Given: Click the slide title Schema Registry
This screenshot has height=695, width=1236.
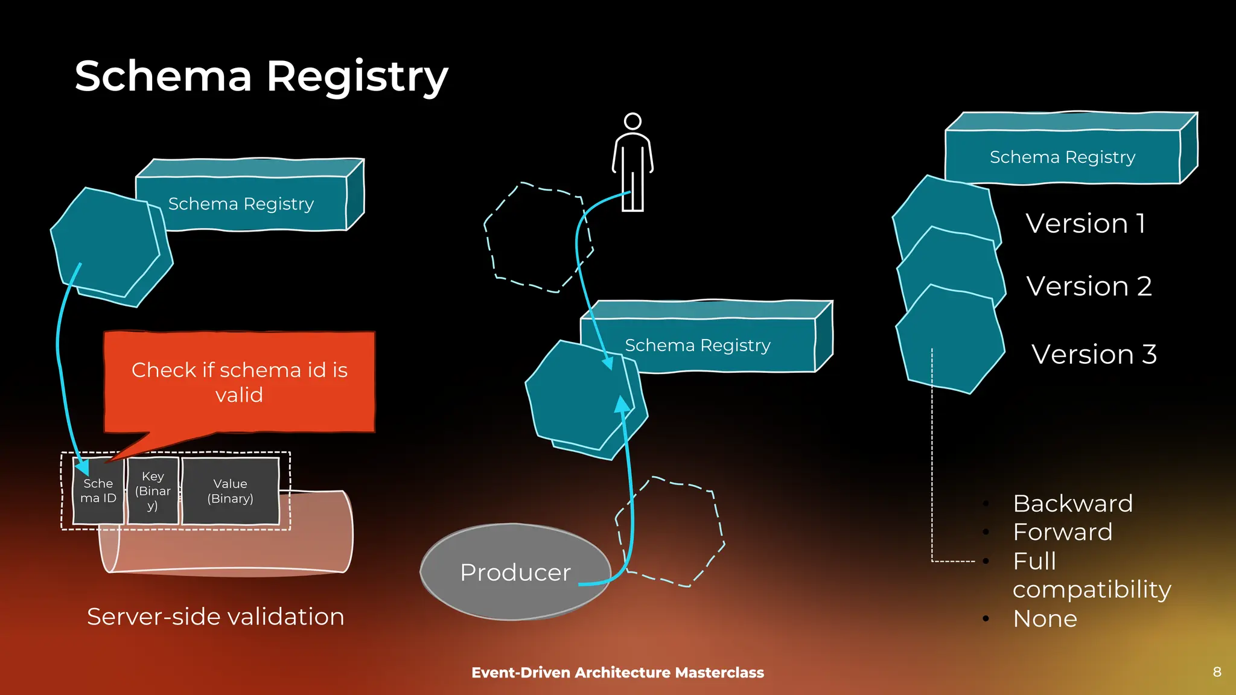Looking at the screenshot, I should click(261, 77).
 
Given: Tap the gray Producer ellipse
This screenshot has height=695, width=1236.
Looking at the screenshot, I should click(515, 572).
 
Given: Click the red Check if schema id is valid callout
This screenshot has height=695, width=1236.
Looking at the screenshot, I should click(240, 382).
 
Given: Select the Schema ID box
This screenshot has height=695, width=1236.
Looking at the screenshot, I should click(98, 491).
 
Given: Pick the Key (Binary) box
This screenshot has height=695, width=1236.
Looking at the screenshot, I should click(153, 491).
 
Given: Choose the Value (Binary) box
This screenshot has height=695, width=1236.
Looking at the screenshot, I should click(231, 491).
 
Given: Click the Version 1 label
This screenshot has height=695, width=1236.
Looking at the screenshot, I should click(1085, 224).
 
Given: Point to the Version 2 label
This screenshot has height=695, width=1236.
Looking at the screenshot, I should click(1089, 286).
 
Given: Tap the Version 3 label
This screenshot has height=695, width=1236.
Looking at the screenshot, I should click(1094, 354).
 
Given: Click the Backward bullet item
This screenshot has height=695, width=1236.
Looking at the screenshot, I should click(1072, 503).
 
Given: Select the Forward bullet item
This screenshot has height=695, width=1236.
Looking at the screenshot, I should click(1062, 532).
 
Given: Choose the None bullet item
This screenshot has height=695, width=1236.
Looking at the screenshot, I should click(1045, 619).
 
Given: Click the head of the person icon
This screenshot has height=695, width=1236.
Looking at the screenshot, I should click(632, 121).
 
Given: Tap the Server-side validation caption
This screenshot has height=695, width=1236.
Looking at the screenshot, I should click(215, 617).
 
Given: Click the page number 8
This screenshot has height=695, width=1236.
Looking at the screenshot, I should click(1217, 672).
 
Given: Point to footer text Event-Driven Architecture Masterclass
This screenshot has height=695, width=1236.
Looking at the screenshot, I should click(617, 673).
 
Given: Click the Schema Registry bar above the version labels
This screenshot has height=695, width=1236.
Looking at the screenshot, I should click(1062, 157).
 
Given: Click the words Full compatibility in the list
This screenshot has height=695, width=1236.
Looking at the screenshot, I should click(1091, 576).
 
